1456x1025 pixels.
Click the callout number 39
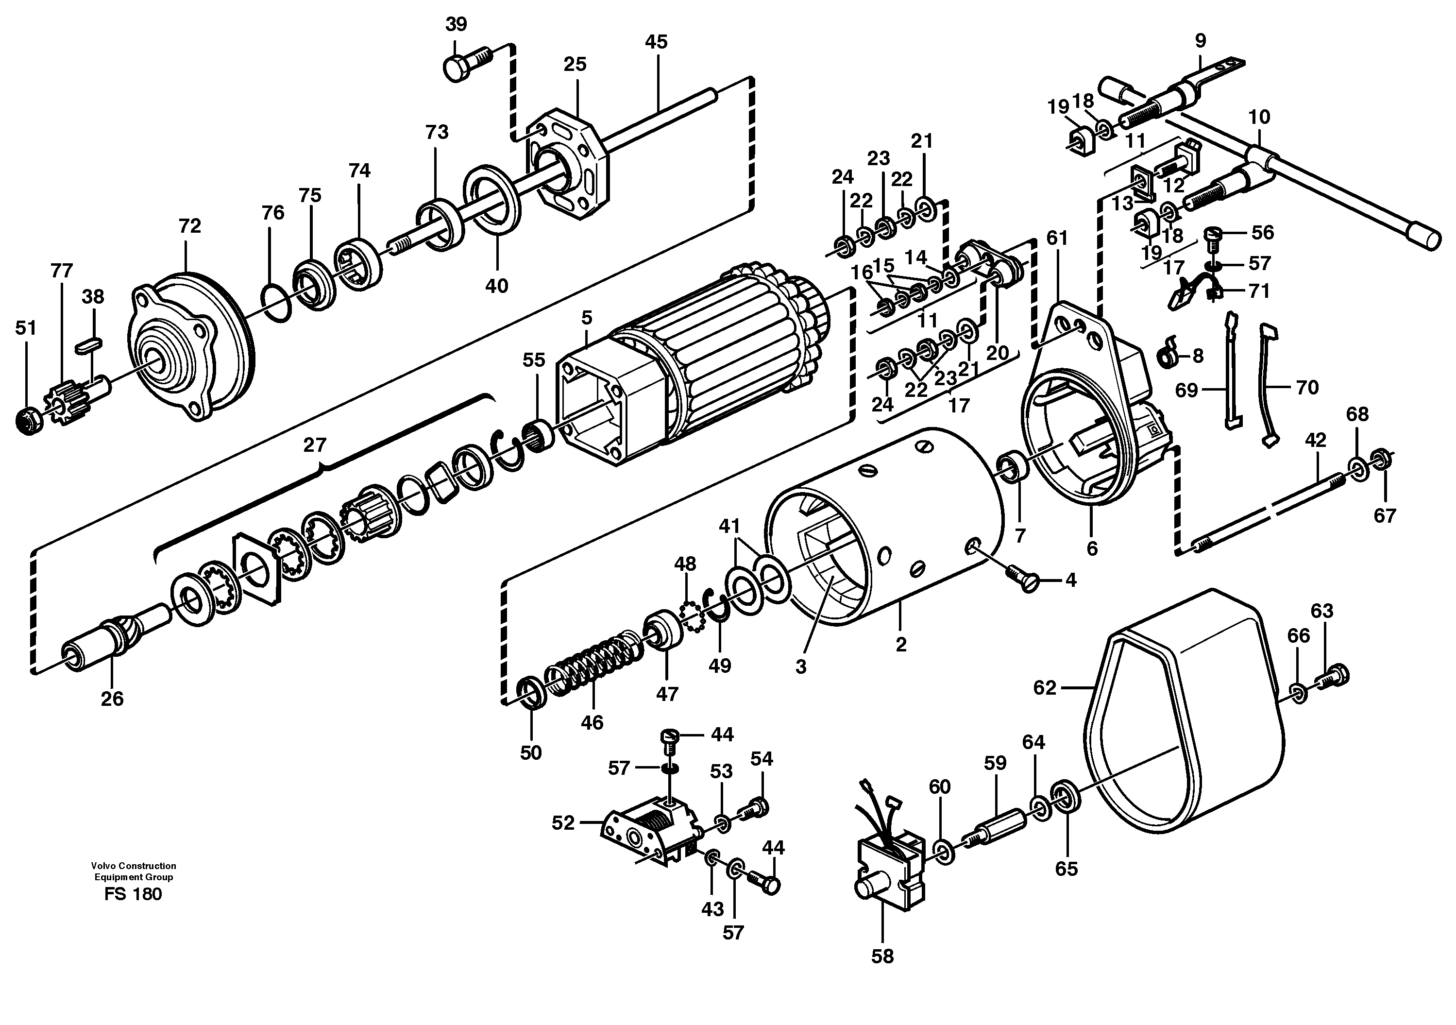(x=456, y=24)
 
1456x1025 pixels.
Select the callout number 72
(x=189, y=226)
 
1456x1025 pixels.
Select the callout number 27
(x=315, y=445)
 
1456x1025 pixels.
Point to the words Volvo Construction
(x=133, y=866)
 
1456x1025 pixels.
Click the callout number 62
(x=1045, y=687)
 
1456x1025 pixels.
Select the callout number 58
(x=882, y=956)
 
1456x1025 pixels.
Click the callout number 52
(x=562, y=823)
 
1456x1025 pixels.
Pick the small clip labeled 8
(x=1168, y=357)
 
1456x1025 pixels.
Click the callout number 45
(x=656, y=42)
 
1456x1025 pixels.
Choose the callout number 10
(x=1259, y=118)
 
